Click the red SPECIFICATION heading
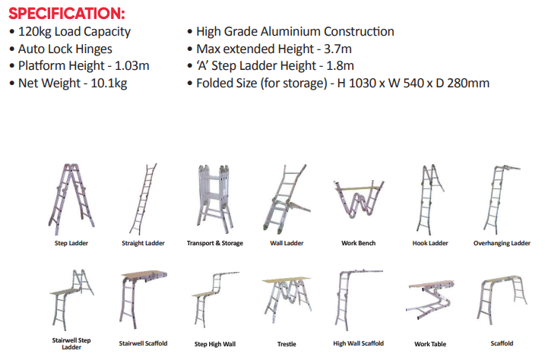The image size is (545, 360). coord(67,14)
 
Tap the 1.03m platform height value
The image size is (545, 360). coord(131,65)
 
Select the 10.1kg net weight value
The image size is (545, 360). coord(109,84)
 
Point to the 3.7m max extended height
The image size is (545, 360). coord(337,49)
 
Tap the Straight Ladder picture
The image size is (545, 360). coord(143,199)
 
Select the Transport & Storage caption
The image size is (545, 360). coord(215,243)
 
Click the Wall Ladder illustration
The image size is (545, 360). coord(286,199)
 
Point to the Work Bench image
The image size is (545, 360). coord(358,199)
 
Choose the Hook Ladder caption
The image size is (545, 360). coord(430,243)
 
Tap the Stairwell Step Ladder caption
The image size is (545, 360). coord(71,343)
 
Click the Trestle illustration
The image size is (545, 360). coord(287,298)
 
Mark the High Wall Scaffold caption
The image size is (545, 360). coord(358,343)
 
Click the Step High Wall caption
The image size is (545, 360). coord(215,344)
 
